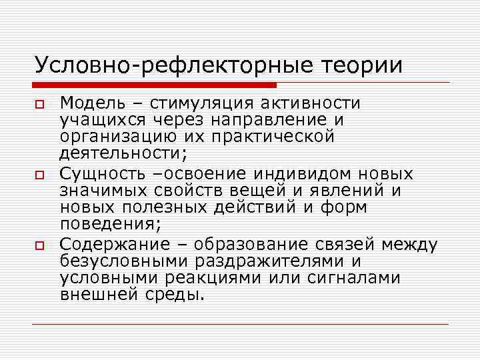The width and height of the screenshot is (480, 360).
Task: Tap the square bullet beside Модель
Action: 40,104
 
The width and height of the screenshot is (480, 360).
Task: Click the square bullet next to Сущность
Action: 40,175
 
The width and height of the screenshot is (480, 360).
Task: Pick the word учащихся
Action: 100,120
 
